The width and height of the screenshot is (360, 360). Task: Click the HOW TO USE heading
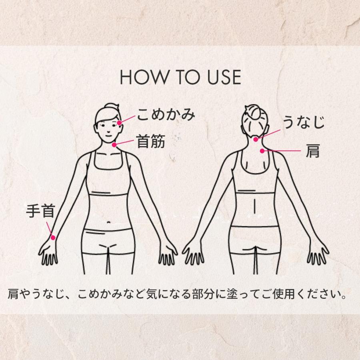click(x=180, y=78)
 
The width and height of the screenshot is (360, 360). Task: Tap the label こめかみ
click(x=166, y=115)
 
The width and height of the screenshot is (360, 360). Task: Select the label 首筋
click(x=151, y=141)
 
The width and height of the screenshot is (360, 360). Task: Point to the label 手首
click(x=40, y=211)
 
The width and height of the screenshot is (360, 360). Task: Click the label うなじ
click(x=303, y=122)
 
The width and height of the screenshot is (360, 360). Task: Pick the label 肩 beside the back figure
click(x=313, y=151)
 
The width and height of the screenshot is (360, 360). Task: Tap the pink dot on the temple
click(x=119, y=122)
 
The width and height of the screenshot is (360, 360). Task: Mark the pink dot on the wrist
click(x=53, y=237)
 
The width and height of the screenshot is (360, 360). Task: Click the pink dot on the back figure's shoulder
click(x=262, y=151)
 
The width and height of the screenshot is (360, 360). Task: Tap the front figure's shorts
click(x=107, y=240)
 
